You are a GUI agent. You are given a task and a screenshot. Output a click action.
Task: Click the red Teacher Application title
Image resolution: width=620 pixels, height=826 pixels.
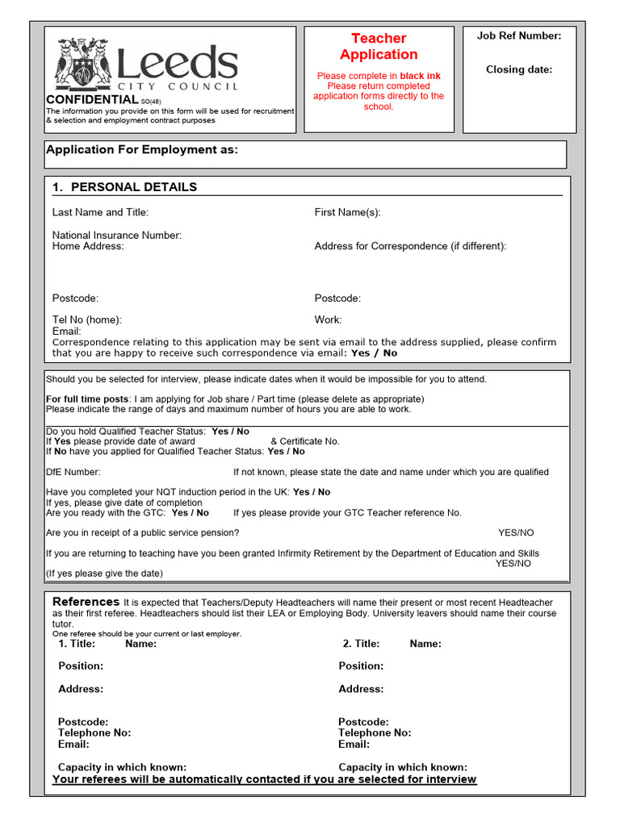click(379, 47)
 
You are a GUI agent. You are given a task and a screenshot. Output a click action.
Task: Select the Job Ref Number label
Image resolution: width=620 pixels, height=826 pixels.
click(519, 35)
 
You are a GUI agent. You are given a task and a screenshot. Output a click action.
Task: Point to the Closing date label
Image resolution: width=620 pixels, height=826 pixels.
click(519, 69)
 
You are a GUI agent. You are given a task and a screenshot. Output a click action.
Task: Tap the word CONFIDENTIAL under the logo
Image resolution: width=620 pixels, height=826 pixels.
click(92, 99)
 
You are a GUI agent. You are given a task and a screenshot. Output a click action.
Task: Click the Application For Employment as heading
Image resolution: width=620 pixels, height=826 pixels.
click(142, 149)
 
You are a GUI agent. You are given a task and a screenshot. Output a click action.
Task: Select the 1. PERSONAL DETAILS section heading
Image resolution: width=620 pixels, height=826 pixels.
click(124, 187)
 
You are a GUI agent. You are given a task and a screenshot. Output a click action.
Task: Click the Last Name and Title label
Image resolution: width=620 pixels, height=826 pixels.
click(100, 213)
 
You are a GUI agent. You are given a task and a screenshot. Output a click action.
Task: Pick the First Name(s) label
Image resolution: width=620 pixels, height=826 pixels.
click(347, 213)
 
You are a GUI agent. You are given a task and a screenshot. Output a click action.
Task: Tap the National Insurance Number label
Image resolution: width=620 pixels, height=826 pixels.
click(117, 236)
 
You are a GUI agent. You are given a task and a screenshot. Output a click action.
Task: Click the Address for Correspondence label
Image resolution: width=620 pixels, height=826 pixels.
click(410, 246)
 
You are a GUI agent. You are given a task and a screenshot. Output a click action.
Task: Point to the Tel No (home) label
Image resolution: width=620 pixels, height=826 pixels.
click(87, 319)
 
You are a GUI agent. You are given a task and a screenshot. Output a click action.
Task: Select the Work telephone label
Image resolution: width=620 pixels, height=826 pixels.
click(328, 319)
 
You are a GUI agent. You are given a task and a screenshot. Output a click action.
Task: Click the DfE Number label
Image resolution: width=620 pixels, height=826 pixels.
click(73, 472)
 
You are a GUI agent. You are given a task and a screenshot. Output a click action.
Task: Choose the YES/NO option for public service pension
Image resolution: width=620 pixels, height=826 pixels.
click(516, 533)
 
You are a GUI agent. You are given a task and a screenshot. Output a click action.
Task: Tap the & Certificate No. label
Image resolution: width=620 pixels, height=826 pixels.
click(304, 441)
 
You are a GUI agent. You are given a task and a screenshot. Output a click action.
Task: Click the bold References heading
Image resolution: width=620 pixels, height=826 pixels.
click(86, 602)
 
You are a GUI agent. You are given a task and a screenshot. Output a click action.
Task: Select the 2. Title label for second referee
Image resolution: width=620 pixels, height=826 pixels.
click(361, 644)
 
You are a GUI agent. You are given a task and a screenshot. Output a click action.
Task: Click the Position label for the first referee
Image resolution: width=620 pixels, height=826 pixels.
click(81, 666)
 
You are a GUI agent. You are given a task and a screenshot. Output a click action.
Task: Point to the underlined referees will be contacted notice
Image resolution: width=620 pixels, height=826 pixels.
click(264, 779)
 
